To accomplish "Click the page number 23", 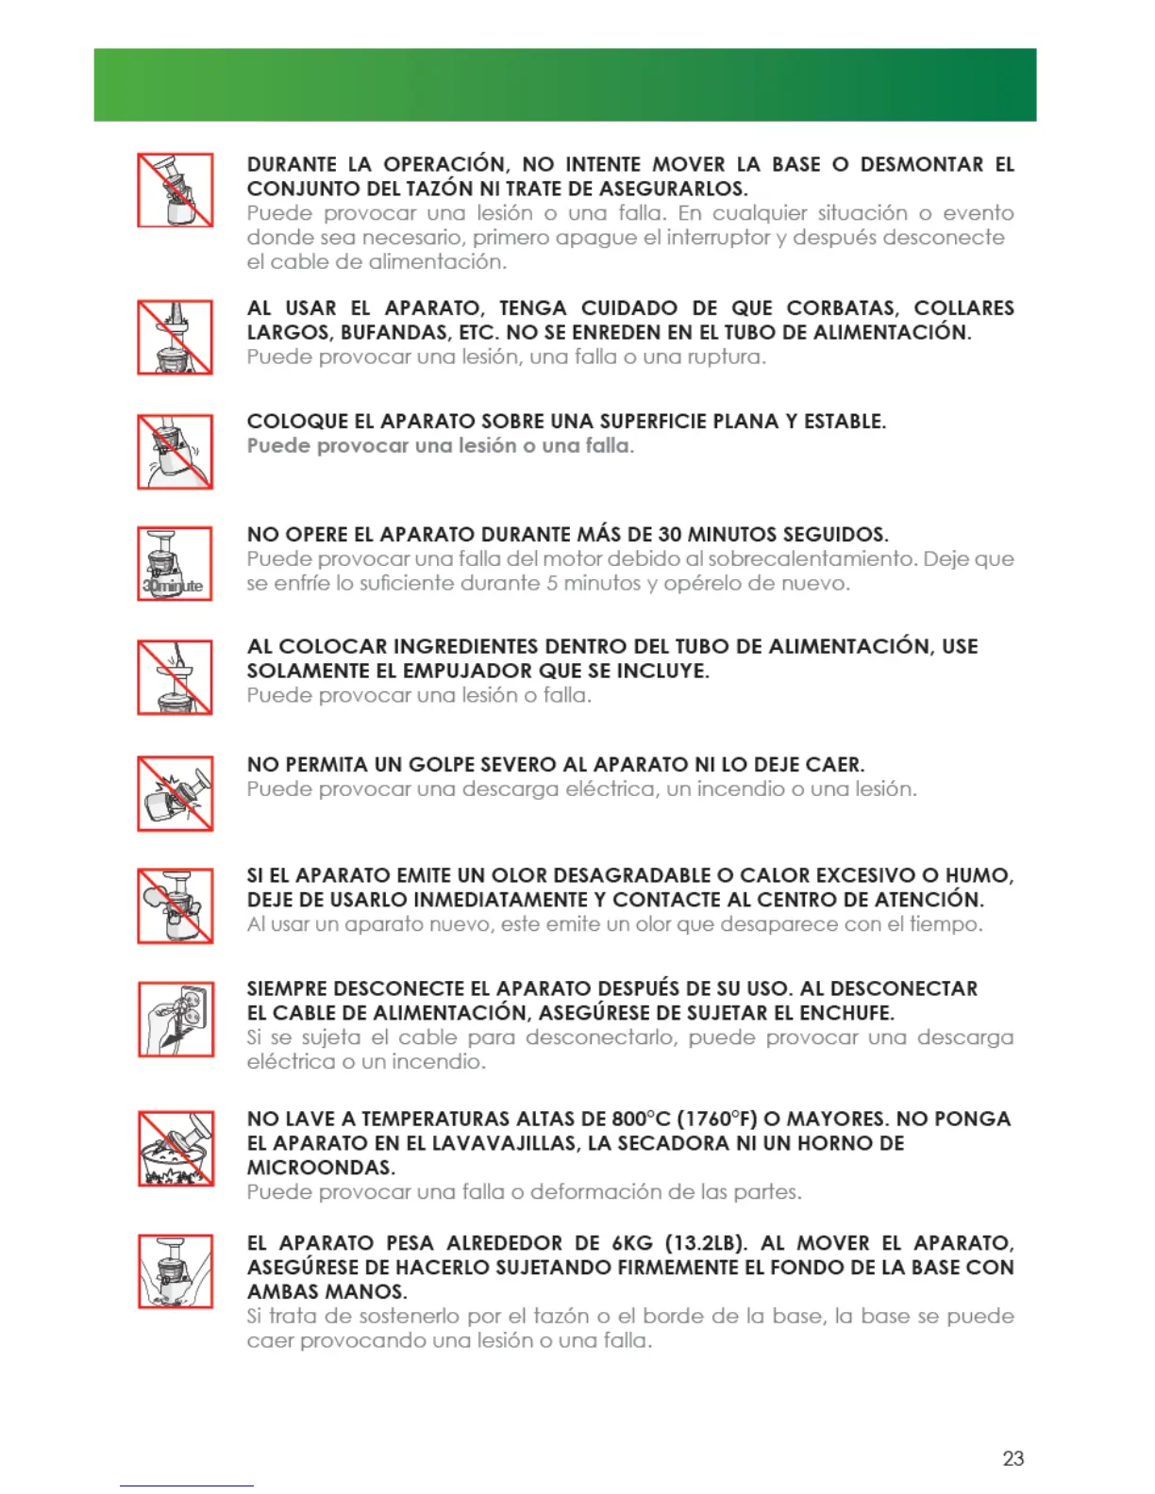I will coord(1013,1458).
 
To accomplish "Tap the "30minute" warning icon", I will coord(175,564).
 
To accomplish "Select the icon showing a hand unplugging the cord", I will coord(176,1019).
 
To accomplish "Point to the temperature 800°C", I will coord(641,1120).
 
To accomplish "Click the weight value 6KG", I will coord(631,1243).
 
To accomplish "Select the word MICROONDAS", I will coord(321,1168).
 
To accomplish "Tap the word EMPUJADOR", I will coord(468,672).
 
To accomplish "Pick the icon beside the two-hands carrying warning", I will coord(176,1270).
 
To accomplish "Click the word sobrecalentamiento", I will coord(812,559).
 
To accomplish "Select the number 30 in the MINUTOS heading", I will coord(670,535).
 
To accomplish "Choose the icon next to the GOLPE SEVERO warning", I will coord(175,793).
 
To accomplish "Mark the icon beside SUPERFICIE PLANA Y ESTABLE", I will coord(175,451).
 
